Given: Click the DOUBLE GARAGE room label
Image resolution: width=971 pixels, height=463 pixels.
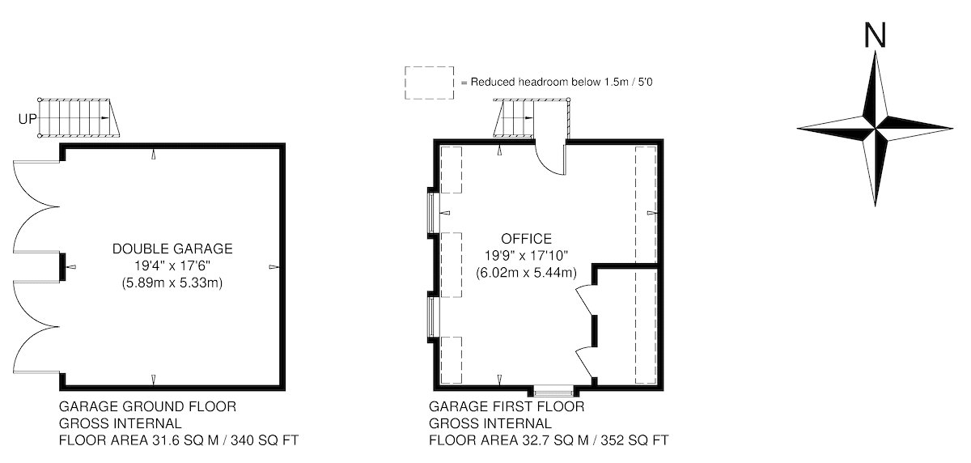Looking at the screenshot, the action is (172, 248).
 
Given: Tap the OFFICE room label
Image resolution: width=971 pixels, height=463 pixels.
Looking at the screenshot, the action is (526, 239).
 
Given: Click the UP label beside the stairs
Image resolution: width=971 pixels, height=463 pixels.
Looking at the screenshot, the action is (28, 119).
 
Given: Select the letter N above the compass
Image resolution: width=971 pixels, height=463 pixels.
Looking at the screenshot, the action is (876, 35).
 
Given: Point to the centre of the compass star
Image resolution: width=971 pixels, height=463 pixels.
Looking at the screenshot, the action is (876, 129).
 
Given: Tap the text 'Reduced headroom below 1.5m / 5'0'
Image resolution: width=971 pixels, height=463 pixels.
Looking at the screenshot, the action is (562, 82).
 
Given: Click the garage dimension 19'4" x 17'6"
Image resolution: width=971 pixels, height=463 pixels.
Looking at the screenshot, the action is (172, 265).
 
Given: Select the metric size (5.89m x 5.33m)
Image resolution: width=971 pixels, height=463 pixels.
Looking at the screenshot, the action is (172, 283).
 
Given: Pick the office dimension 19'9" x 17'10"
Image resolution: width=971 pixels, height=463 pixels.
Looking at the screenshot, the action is (526, 255).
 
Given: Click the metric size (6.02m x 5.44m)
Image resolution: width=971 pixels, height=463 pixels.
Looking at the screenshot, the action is (526, 273).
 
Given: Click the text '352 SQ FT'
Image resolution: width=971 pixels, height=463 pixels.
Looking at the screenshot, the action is (634, 440).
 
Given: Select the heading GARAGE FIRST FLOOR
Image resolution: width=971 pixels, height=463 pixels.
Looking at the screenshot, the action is (507, 406).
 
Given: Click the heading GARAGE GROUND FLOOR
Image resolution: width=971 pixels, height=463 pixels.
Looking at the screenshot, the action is (147, 406).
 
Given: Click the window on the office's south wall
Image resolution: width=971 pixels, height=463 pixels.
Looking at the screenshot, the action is (553, 393).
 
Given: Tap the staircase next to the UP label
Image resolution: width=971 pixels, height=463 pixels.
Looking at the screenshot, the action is (79, 118).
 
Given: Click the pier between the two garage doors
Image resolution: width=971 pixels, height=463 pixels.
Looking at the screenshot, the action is (62, 266).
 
